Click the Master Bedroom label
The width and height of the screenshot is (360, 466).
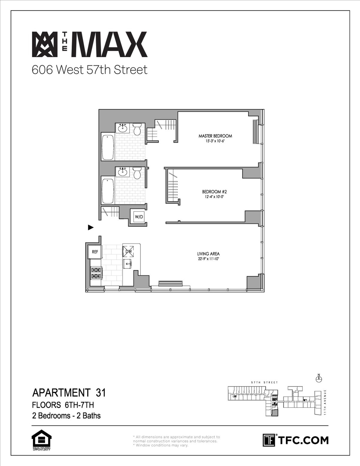215,136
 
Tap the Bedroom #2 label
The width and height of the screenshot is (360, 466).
212,192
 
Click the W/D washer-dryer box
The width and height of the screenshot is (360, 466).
138,216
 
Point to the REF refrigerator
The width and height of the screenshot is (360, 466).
95,252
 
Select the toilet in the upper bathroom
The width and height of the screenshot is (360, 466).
137,129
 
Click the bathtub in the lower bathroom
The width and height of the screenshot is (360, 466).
108,191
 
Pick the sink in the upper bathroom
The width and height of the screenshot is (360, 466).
122,129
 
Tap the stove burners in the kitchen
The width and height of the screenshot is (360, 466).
96,273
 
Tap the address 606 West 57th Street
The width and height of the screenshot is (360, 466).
90,70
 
